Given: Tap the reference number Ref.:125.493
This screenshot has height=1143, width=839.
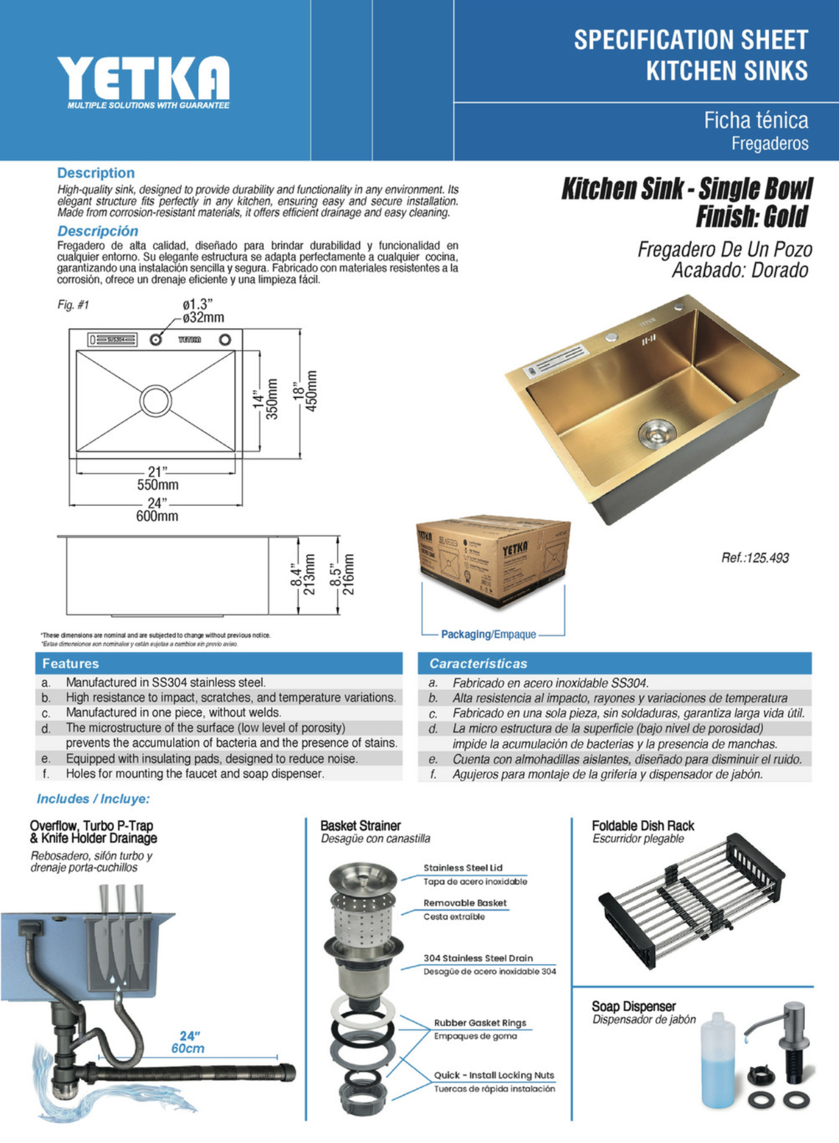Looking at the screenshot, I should (x=755, y=558).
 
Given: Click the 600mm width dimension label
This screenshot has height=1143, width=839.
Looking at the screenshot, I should (x=157, y=516).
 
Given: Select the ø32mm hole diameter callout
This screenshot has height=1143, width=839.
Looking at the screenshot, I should (x=203, y=317).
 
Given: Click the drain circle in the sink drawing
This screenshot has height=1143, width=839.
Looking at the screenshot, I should (x=156, y=400).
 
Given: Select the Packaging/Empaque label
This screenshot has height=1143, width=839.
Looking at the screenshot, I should (x=488, y=635).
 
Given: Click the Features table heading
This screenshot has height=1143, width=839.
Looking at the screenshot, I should (x=71, y=664).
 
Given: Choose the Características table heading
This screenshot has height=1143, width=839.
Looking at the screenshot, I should (x=478, y=664).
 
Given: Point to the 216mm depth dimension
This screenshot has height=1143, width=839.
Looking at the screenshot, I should (x=348, y=575).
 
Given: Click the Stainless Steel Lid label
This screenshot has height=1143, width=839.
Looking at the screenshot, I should (x=463, y=868).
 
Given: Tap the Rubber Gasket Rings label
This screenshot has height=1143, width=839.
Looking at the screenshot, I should (x=479, y=1023).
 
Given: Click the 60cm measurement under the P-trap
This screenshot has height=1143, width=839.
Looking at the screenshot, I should (x=187, y=1048).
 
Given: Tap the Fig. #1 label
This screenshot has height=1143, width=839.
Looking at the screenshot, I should (x=73, y=305).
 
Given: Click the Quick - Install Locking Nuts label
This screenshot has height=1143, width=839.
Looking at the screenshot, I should (x=493, y=1075).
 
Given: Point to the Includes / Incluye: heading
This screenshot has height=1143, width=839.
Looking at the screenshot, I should (x=93, y=799).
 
